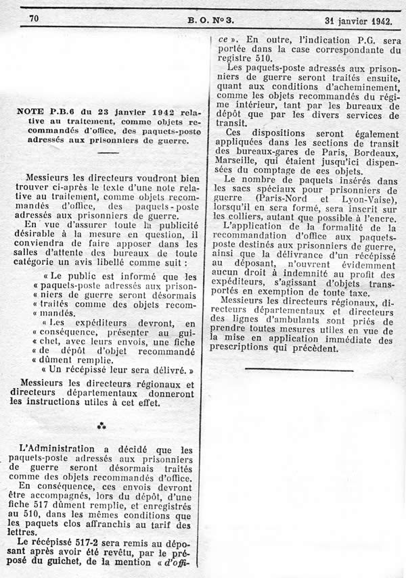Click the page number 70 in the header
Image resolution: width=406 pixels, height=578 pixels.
click(x=34, y=18)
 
